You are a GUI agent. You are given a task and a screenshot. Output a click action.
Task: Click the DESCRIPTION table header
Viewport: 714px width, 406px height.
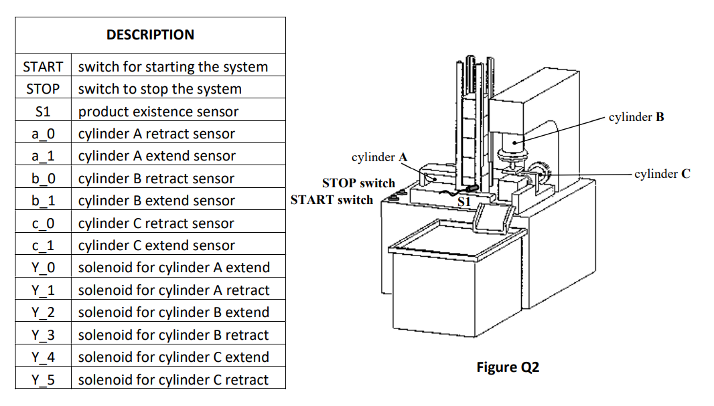(150, 35)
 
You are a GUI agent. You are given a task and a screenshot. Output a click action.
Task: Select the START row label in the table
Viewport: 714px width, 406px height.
(43, 67)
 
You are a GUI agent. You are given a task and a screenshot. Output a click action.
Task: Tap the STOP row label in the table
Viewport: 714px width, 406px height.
(43, 89)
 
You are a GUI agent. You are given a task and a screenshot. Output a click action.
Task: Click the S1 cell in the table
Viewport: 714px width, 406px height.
(43, 112)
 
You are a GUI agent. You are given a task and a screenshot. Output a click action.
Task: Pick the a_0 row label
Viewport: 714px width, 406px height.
(43, 134)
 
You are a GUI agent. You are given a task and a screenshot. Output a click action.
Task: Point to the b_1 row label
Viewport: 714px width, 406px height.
(43, 201)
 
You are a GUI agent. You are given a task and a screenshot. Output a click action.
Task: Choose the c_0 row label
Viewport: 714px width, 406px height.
(43, 223)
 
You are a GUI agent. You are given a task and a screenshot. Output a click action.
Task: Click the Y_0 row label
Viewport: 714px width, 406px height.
(43, 268)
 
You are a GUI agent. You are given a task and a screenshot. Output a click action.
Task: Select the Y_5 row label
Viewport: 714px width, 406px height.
(43, 380)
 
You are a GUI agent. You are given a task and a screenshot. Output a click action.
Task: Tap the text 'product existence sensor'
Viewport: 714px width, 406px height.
(158, 112)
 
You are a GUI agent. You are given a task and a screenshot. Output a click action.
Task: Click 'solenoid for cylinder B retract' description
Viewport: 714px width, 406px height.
(173, 335)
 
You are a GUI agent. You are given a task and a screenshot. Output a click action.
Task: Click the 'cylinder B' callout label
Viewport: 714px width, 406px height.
(636, 117)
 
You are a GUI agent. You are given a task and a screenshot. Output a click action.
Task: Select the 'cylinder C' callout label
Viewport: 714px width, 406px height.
(662, 174)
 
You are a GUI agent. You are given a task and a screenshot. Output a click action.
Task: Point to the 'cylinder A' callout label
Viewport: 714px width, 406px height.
(379, 157)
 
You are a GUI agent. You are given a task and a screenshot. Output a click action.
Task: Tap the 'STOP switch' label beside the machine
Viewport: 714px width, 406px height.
(358, 183)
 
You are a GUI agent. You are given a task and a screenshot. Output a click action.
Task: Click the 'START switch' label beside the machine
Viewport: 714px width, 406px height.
(332, 199)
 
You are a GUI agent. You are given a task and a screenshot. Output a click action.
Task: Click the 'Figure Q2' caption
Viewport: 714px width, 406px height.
(508, 367)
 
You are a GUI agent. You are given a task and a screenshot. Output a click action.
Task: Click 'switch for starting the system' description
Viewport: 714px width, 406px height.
(173, 67)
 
